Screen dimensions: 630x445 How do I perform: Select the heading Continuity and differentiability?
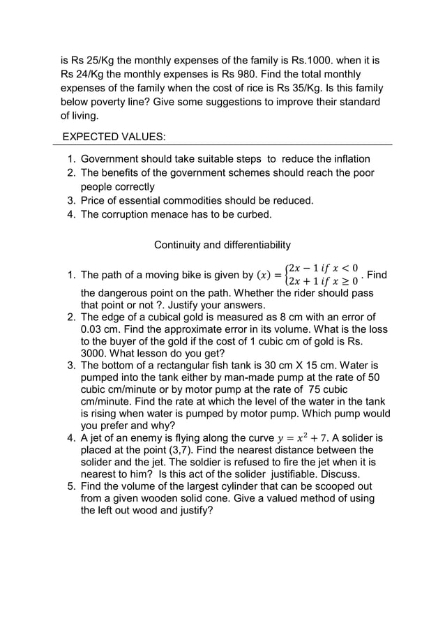click(222, 245)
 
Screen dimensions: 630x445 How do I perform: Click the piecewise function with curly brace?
click(321, 273)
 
